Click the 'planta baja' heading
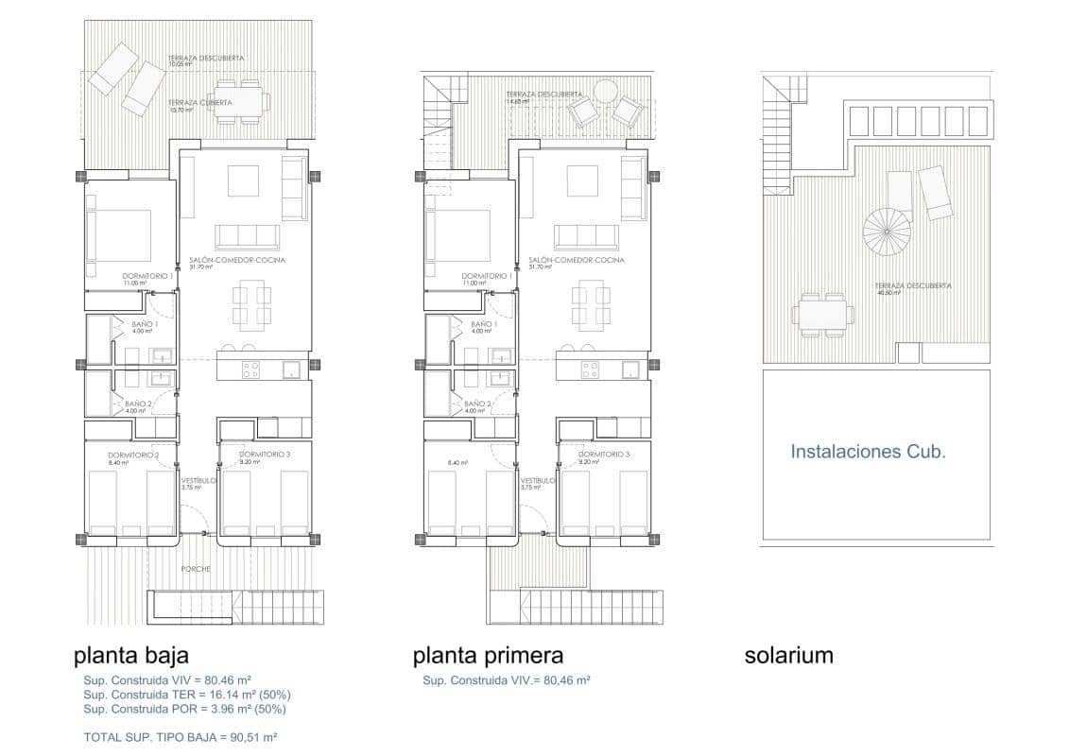point(131,655)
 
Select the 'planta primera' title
point(488,655)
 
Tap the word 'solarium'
point(788,655)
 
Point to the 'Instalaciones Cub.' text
point(868,452)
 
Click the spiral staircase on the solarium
point(887,230)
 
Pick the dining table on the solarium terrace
point(820,315)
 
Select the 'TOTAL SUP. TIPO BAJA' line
point(181,736)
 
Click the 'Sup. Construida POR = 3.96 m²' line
point(184,708)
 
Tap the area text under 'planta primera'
point(507,679)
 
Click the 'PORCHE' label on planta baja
point(197,569)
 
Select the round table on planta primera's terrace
point(604,92)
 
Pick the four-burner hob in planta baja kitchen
point(250,369)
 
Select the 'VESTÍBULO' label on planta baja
point(198,480)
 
